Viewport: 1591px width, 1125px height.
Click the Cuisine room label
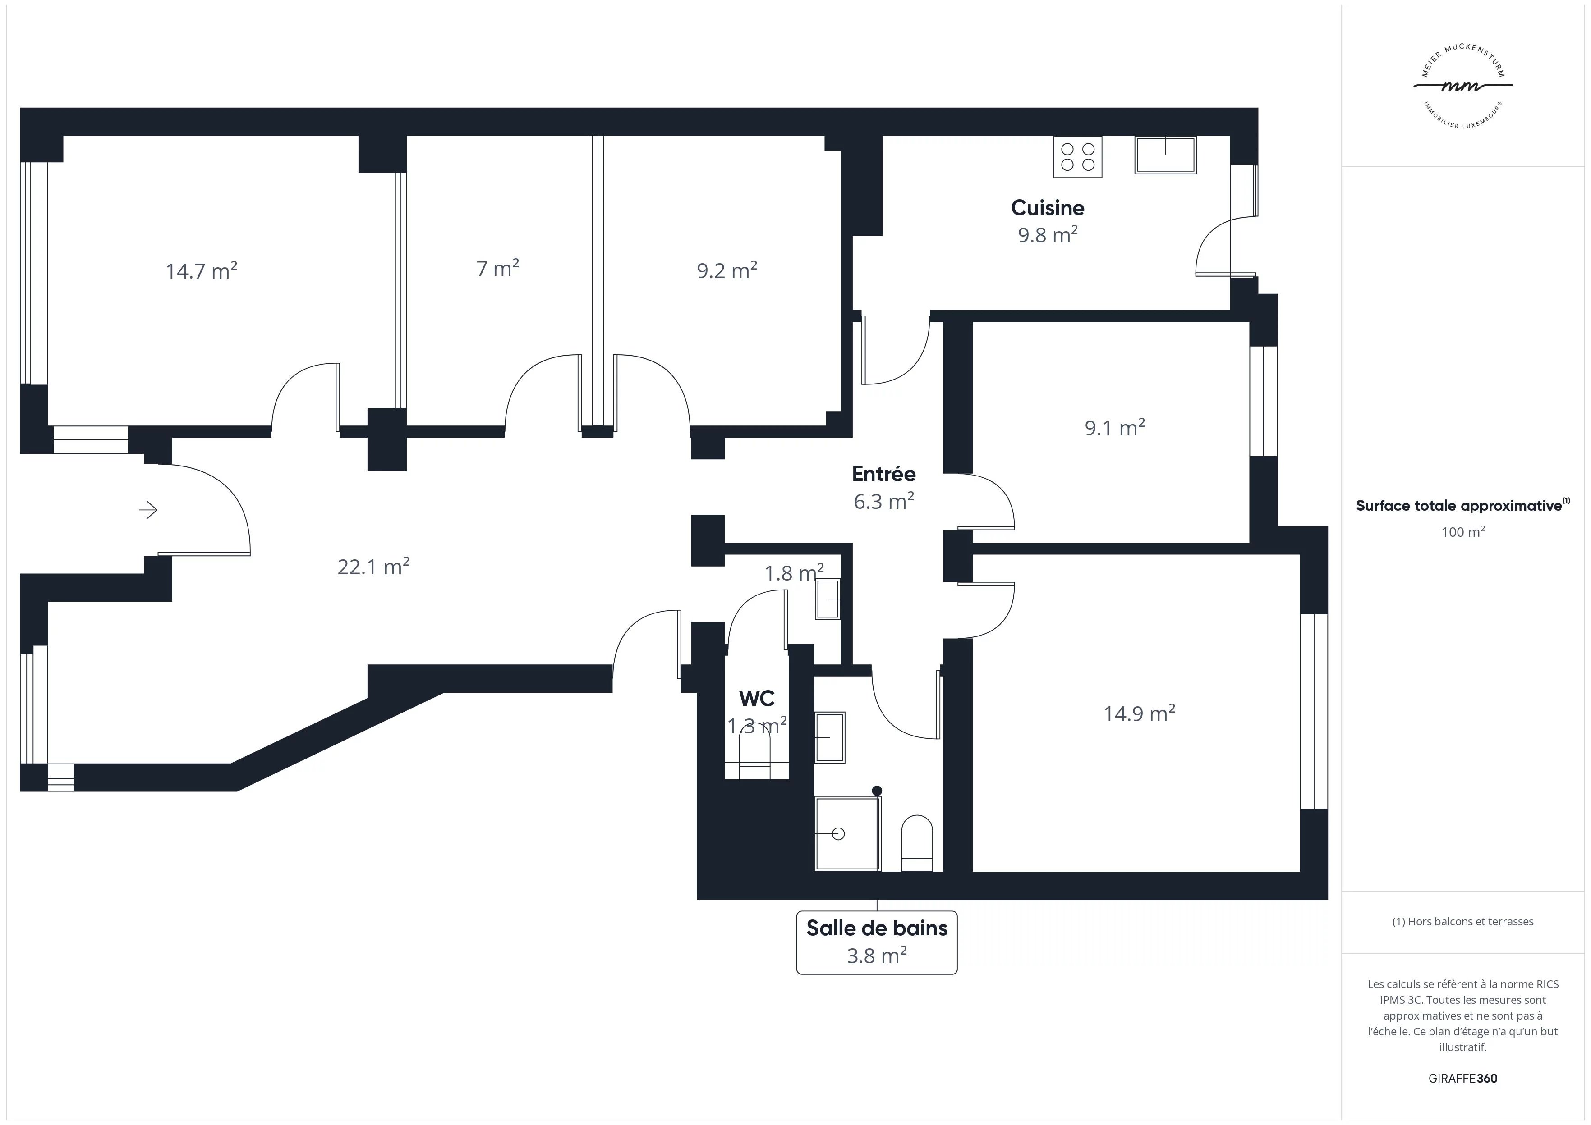1047,208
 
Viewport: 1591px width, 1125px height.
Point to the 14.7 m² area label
201,270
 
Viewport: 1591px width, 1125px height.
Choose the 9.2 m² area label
727,270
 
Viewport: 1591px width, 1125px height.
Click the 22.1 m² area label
373,567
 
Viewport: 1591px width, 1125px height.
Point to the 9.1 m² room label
1114,427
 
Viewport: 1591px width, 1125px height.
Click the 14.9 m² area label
1139,713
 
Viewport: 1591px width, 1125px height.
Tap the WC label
757,698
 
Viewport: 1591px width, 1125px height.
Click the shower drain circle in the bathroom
838,833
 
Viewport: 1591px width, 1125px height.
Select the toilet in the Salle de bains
917,843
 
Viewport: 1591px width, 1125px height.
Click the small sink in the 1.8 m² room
828,599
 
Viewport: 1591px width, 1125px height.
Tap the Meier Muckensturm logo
1463,87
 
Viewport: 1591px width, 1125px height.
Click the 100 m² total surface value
1463,532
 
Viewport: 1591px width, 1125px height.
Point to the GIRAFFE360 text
1463,1079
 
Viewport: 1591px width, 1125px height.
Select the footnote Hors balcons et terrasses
1463,921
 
